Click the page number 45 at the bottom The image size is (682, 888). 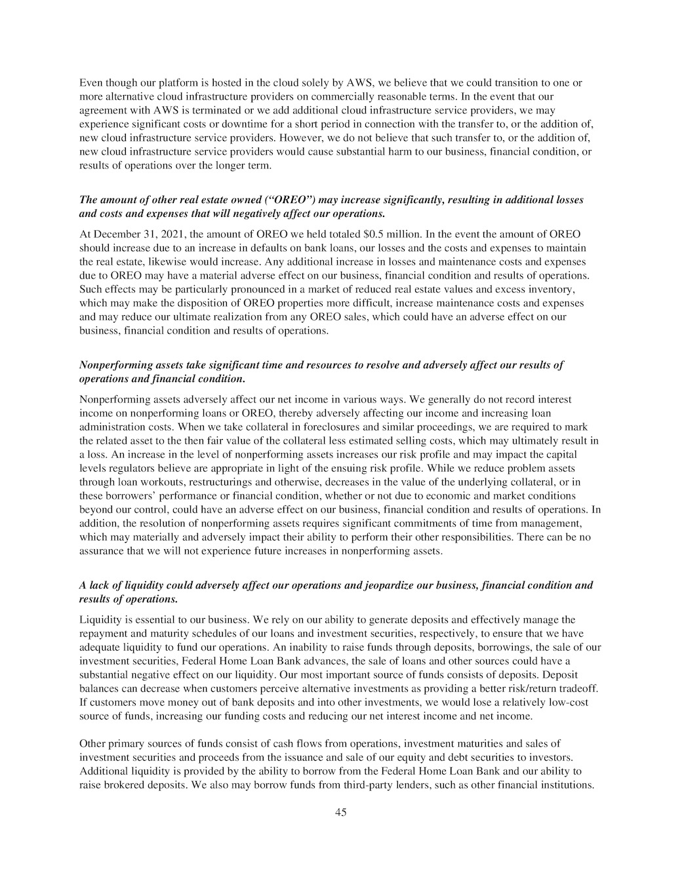coord(340,813)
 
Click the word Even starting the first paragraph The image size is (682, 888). coord(90,83)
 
